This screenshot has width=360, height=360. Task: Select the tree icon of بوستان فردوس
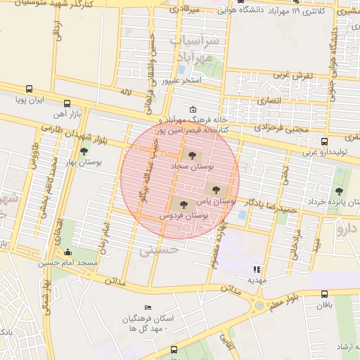(x=184, y=205)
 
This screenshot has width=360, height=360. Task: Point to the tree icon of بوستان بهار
(x=84, y=150)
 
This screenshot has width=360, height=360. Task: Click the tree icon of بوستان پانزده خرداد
(x=340, y=191)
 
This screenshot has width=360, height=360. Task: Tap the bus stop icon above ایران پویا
(x=29, y=89)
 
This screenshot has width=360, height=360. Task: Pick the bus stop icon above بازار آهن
(x=67, y=103)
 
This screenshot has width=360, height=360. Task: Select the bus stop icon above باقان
(x=324, y=294)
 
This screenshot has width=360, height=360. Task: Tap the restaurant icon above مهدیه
(x=257, y=269)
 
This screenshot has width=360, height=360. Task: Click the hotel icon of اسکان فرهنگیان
(x=147, y=308)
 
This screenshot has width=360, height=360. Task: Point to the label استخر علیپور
(x=181, y=82)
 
